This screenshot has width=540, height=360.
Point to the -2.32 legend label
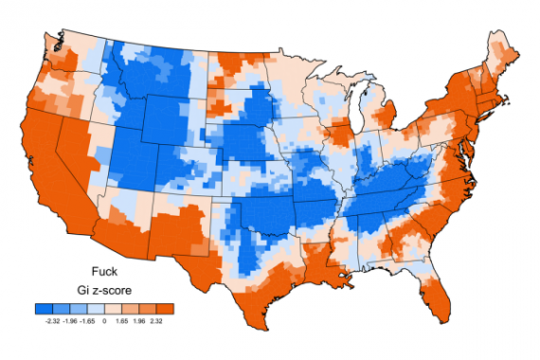pyautogui.click(x=50, y=322)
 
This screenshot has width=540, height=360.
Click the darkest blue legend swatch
pyautogui.click(x=43, y=309)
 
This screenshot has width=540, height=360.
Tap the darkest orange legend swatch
pyautogui.click(x=165, y=309)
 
